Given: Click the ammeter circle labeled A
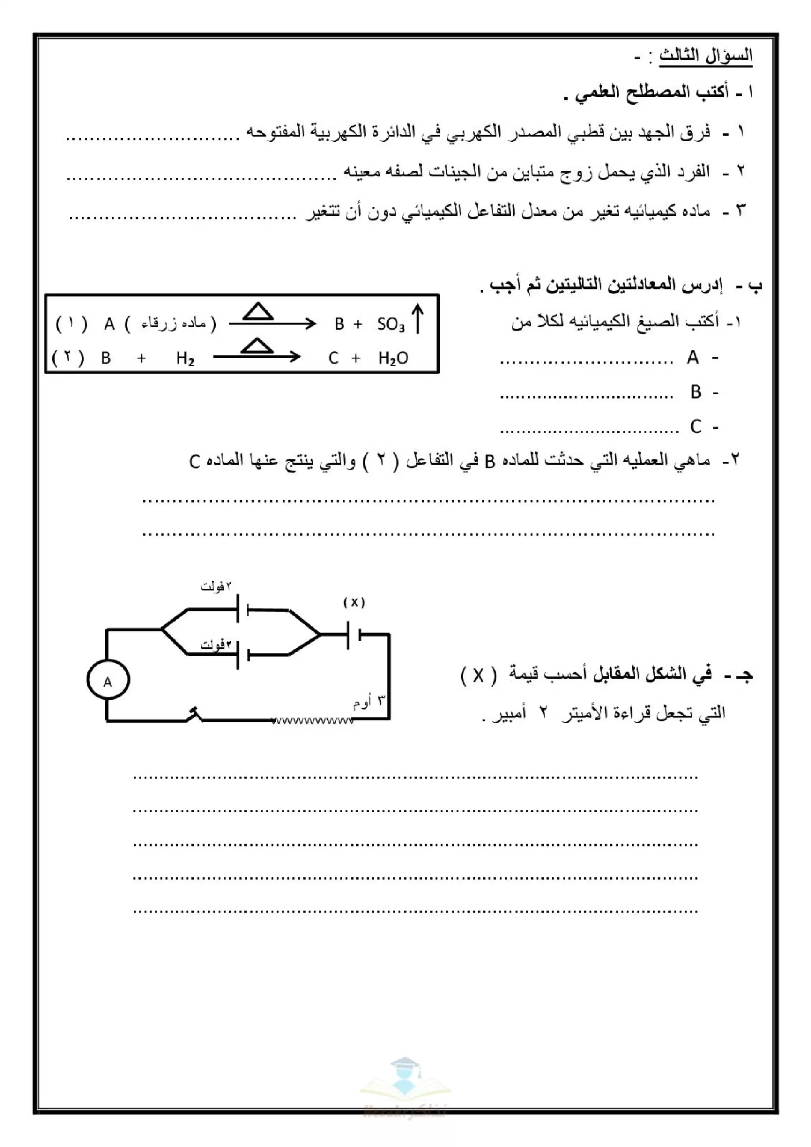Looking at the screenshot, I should coord(108,680).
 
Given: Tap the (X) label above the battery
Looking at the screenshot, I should coord(354,603).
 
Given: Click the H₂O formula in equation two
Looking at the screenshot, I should coord(393,358).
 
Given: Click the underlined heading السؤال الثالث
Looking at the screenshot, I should coord(706,56).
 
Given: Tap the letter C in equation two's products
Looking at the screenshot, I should coord(333,358).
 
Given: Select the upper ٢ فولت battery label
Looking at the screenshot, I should coord(216,586).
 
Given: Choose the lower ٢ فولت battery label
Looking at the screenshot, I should coord(216,645).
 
